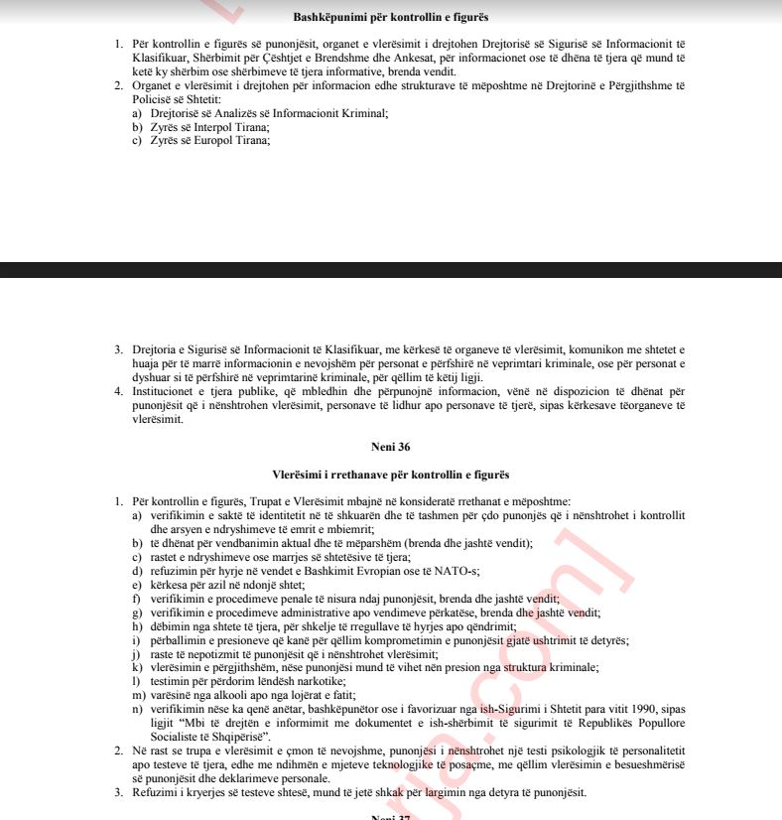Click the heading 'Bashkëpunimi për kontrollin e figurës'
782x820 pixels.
pos(391,18)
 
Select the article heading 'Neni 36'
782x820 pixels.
pos(391,448)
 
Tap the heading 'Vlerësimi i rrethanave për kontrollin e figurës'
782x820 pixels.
pos(391,476)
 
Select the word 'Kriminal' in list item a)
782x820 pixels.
pos(362,113)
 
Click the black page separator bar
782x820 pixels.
pos(391,270)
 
